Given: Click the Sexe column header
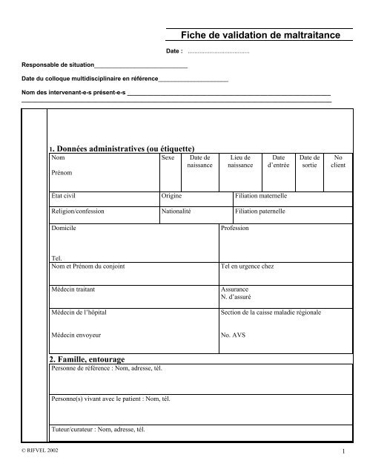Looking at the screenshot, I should [x=168, y=158].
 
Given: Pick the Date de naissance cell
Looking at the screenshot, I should [x=200, y=162].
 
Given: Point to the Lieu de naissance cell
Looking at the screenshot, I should [x=240, y=162].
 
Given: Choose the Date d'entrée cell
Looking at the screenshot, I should [x=279, y=162].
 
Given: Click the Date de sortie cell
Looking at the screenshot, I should [x=309, y=162].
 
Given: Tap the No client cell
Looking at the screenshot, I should [x=338, y=162].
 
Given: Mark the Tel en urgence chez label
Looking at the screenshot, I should [x=248, y=265].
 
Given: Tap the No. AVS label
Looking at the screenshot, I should [x=234, y=335].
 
